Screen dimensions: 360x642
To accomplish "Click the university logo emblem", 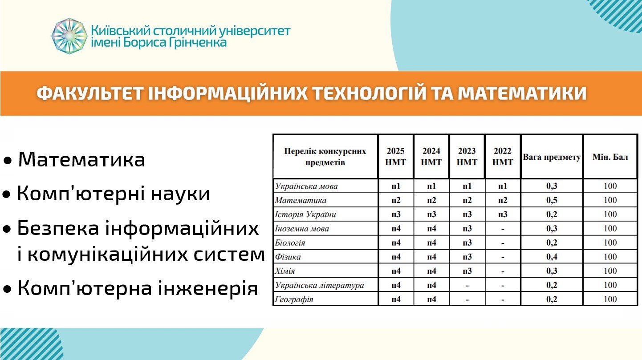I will pos(69,36).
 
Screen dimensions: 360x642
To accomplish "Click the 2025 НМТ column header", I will pos(396,157).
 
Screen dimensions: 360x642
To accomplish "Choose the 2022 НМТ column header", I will pos(503,157).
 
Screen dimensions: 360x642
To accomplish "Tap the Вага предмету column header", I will pos(552,157).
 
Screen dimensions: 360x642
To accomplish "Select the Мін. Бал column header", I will pos(610,157).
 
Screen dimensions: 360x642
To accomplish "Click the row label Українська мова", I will pos(306,186).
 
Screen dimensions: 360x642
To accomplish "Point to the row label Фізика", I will pos(288,257).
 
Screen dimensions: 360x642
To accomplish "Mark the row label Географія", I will pos(294,299).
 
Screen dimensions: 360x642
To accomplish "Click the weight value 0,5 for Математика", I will pos(552,200).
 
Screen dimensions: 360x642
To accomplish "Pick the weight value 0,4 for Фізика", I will pos(552,257).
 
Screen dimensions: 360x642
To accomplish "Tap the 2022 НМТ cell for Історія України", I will pos(503,214).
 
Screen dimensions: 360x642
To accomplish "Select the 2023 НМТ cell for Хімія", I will pos(467,271).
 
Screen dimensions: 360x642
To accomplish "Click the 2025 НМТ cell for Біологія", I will pos(396,243).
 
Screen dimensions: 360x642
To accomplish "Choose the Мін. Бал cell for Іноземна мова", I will pos(610,229).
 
